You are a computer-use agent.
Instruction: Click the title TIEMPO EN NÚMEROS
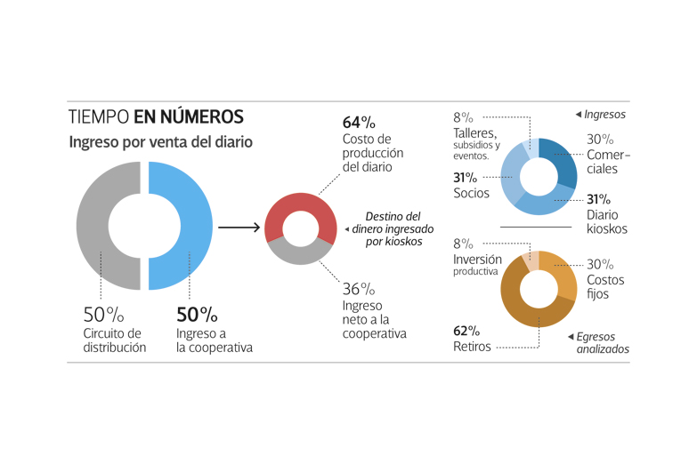[156, 117]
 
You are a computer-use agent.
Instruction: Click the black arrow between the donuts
[239, 228]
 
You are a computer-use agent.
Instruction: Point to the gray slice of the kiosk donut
[300, 252]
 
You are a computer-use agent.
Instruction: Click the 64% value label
[359, 122]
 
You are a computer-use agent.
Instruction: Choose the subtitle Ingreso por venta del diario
[160, 142]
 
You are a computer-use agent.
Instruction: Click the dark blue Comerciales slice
[563, 161]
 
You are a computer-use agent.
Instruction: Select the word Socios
[472, 193]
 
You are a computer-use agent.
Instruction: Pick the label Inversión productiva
[477, 265]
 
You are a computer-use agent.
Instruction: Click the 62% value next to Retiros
[466, 331]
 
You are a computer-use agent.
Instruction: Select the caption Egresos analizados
[602, 343]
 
